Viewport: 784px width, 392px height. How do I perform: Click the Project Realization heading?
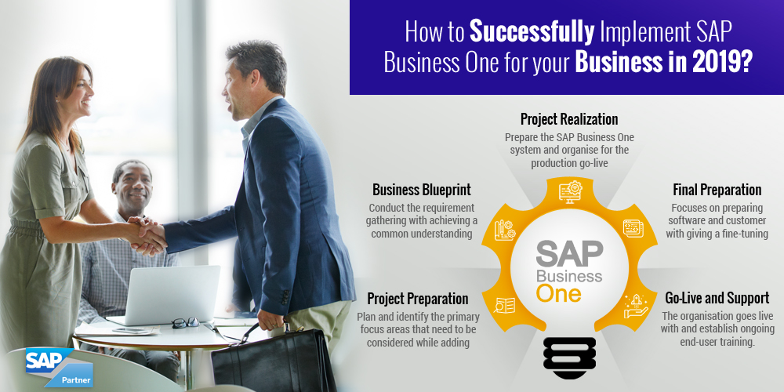(569, 119)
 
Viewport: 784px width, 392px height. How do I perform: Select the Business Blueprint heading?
(422, 190)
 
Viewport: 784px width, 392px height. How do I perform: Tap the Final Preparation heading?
(717, 190)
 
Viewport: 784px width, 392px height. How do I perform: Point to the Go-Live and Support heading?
(717, 299)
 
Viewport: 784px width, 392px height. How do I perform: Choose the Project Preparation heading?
(418, 299)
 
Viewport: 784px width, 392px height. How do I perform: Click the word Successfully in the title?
(532, 31)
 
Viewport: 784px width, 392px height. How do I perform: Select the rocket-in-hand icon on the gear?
(636, 307)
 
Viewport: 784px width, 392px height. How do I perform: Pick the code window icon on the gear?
(633, 228)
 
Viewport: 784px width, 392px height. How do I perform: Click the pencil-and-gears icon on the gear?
(505, 230)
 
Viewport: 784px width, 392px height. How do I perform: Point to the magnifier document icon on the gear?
(504, 305)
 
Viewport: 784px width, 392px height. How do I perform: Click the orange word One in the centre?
(558, 292)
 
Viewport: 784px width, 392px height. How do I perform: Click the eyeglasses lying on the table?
(186, 322)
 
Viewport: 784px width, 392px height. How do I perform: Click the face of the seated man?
(132, 187)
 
